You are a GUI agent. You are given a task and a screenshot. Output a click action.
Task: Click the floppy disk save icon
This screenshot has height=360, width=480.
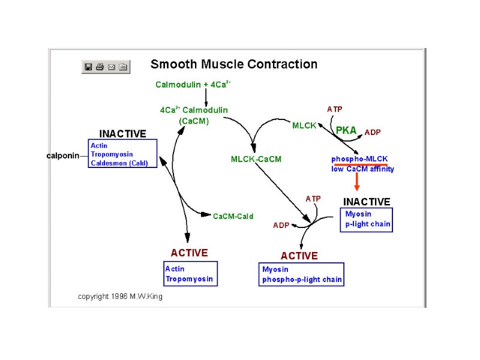point(88,67)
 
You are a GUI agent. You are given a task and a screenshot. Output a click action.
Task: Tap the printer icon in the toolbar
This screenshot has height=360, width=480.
point(100,67)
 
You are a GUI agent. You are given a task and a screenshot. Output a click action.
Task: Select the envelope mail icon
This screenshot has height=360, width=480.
point(111,67)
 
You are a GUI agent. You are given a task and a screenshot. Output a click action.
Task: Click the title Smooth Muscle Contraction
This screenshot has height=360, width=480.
point(233,64)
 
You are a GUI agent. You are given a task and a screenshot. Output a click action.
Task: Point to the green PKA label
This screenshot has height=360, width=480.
point(346,130)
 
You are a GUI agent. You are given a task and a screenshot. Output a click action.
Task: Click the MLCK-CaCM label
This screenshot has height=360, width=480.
point(256,159)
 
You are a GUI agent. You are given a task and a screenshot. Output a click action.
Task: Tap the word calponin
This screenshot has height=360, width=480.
point(63,155)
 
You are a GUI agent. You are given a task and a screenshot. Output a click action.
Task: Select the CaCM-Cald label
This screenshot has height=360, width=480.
point(233,216)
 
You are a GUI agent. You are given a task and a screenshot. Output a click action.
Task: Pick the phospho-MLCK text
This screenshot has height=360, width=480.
point(359,159)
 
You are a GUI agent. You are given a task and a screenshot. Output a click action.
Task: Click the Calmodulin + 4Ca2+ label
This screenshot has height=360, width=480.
point(193,85)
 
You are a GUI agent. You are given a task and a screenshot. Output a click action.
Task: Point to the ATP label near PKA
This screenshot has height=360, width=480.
point(335,109)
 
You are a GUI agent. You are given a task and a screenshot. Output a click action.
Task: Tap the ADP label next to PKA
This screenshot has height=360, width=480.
point(373,132)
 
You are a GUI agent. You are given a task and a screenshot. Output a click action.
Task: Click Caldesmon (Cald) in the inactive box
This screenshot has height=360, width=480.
point(119,163)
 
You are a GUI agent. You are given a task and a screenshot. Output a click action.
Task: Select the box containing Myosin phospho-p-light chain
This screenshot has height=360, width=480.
point(302,274)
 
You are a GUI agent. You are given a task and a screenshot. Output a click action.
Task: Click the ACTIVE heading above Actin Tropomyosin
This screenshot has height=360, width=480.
point(189,253)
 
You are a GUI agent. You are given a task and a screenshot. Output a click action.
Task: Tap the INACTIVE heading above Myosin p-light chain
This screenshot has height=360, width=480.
point(367,202)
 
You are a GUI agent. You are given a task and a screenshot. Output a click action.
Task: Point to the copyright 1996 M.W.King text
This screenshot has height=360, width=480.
point(120,296)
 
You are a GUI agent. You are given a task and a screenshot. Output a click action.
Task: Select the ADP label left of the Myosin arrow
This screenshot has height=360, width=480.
point(281,226)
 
